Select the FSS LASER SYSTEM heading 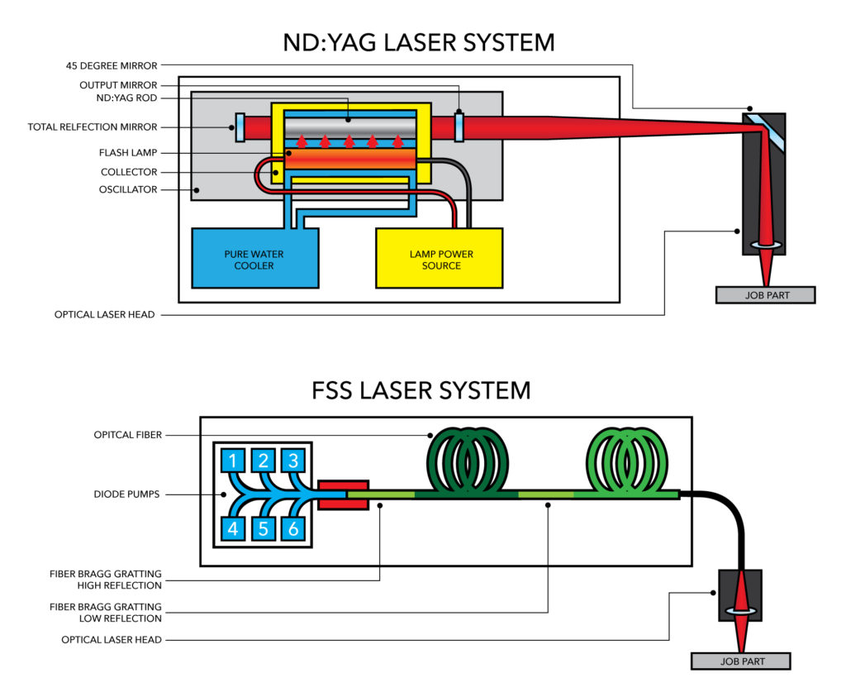(x=421, y=389)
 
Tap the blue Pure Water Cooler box (x=255, y=259)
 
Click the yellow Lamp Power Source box (x=440, y=259)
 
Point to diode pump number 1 (x=233, y=461)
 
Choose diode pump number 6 (x=292, y=528)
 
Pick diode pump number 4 (x=233, y=528)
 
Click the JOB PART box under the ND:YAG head (x=766, y=295)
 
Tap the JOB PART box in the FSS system (x=741, y=661)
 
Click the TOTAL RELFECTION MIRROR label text (x=93, y=127)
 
